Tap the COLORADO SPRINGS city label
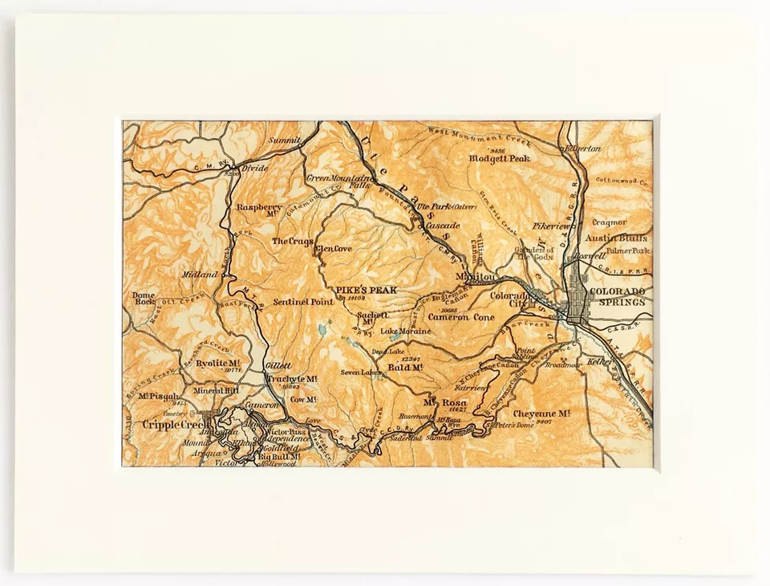(x=617, y=296)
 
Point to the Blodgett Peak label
(x=500, y=158)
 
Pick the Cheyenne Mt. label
(x=541, y=413)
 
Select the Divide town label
(x=254, y=169)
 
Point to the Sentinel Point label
(x=302, y=302)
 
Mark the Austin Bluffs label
(x=615, y=238)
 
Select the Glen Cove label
(x=334, y=249)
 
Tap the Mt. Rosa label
(x=440, y=401)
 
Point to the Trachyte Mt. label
(x=290, y=379)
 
